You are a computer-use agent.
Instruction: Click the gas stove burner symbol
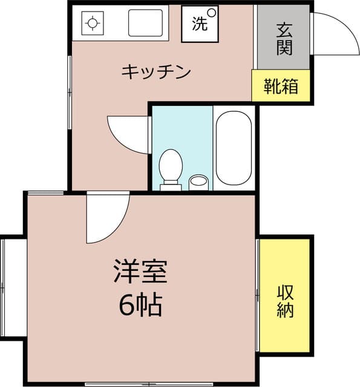(93, 23)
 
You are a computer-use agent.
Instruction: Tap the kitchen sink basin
(145, 23)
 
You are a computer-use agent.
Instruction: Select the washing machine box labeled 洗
(200, 24)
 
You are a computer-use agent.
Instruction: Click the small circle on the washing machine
(212, 13)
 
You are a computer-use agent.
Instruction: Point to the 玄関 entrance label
(284, 39)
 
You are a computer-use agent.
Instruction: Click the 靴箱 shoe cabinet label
(281, 86)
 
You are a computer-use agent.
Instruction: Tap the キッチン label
(156, 72)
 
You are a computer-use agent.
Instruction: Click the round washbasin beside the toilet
(198, 182)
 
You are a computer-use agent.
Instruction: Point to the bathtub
(234, 148)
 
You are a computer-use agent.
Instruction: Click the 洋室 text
(140, 271)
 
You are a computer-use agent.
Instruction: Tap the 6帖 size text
(140, 305)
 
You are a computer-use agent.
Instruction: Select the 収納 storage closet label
(285, 301)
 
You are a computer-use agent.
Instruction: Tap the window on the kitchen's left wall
(70, 93)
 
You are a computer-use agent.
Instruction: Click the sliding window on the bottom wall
(149, 385)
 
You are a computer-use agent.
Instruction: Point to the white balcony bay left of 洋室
(14, 288)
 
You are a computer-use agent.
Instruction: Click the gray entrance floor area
(283, 37)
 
